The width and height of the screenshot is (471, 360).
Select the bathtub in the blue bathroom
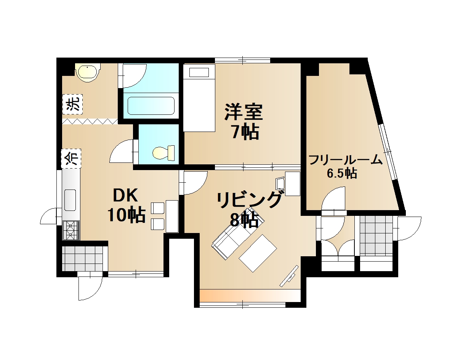point(151,105)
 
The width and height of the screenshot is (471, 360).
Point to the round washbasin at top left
point(88,72)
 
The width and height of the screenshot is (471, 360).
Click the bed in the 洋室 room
point(199,98)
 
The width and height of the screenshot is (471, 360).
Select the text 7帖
point(244,132)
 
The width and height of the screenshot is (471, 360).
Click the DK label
point(125,195)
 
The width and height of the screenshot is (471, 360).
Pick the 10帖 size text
point(126,215)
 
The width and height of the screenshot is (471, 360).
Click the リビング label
point(250,200)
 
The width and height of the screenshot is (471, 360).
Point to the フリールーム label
point(345,160)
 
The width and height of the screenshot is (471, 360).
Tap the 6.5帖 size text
point(342,174)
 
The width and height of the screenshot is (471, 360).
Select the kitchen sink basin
point(70,199)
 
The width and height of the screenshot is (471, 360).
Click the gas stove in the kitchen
point(70,230)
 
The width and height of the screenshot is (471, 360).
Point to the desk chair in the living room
point(280,183)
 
